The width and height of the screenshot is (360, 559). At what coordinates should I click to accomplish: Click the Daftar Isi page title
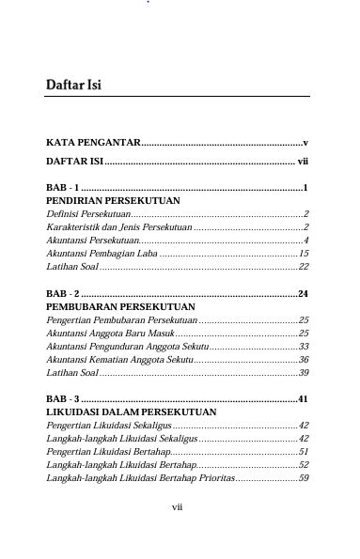pyautogui.click(x=73, y=85)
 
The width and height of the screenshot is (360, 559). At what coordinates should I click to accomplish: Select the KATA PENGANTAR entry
pyautogui.click(x=92, y=143)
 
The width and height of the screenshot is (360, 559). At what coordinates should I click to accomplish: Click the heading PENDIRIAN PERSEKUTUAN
pyautogui.click(x=113, y=201)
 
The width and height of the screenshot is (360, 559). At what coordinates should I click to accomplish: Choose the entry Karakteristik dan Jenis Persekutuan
pyautogui.click(x=118, y=227)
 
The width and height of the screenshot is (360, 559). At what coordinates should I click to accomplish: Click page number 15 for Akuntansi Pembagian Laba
pyautogui.click(x=304, y=254)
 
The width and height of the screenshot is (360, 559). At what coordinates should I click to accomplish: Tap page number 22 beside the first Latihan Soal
pyautogui.click(x=304, y=267)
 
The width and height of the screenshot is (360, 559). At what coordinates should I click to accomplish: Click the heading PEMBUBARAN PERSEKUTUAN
pyautogui.click(x=120, y=307)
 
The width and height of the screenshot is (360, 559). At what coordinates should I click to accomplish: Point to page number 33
pyautogui.click(x=304, y=347)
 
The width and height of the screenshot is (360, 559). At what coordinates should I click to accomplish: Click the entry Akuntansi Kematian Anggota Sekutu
pyautogui.click(x=118, y=360)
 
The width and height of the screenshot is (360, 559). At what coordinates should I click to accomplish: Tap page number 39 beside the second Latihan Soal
pyautogui.click(x=304, y=373)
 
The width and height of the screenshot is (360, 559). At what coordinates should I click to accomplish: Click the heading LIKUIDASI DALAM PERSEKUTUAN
pyautogui.click(x=131, y=412)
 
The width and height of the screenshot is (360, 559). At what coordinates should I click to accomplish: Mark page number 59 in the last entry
pyautogui.click(x=304, y=478)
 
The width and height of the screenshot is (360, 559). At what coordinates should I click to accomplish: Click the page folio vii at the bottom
pyautogui.click(x=177, y=507)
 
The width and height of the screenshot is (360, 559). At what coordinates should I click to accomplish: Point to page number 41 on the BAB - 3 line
pyautogui.click(x=304, y=399)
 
